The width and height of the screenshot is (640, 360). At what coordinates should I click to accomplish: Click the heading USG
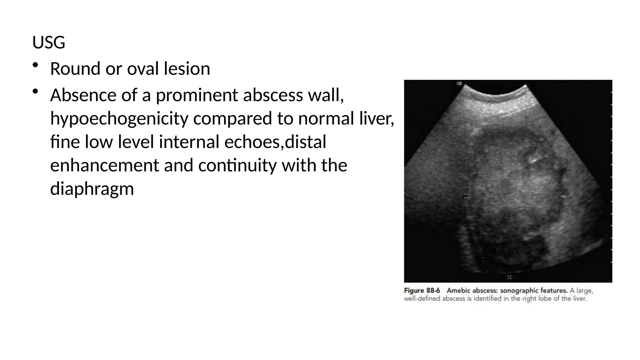[x=49, y=42]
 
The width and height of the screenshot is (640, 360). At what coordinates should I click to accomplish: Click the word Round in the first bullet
[x=75, y=69]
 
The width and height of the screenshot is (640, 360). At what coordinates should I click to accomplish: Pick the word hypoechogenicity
[x=119, y=118]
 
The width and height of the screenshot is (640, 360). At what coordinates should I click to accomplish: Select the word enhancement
[x=104, y=165]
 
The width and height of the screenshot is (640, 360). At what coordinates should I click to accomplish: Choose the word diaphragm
[x=92, y=189]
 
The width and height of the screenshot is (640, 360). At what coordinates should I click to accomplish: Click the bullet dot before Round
[x=35, y=65]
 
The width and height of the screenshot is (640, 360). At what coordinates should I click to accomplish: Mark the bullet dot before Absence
[x=35, y=91]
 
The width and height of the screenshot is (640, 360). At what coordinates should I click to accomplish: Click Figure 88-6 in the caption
[x=422, y=291]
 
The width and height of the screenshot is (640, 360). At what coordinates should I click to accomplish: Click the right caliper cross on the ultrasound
[x=563, y=197]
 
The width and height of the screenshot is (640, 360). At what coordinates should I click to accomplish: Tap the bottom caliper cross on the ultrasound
[x=510, y=277]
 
